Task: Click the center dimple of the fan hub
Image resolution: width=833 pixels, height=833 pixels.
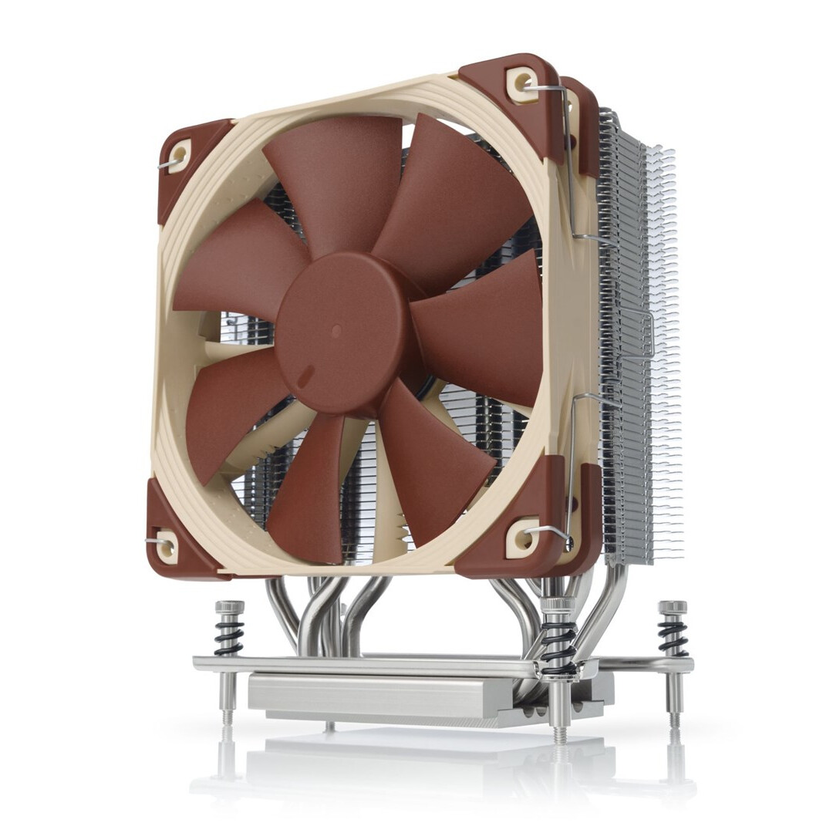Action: point(336,329)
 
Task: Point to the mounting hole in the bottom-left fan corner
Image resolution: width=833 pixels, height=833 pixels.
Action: point(164,545)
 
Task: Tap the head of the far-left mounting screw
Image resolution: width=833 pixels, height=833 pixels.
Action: point(230,606)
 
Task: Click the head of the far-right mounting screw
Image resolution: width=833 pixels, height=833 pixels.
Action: point(672,607)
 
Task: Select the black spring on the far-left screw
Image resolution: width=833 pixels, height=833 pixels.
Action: point(229,637)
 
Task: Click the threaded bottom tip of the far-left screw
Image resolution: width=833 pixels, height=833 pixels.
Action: point(227,714)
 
